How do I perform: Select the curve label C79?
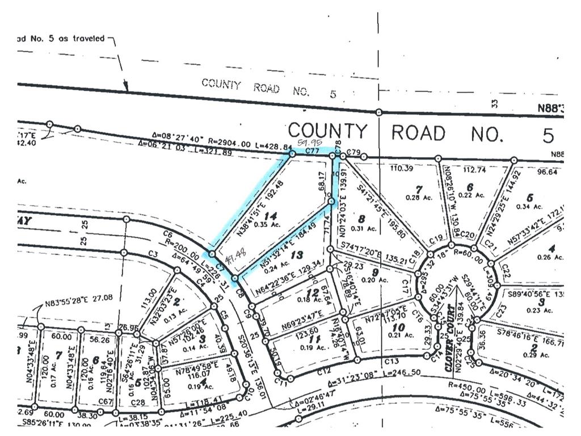tap(353, 152)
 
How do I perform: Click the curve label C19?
tap(436, 238)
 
